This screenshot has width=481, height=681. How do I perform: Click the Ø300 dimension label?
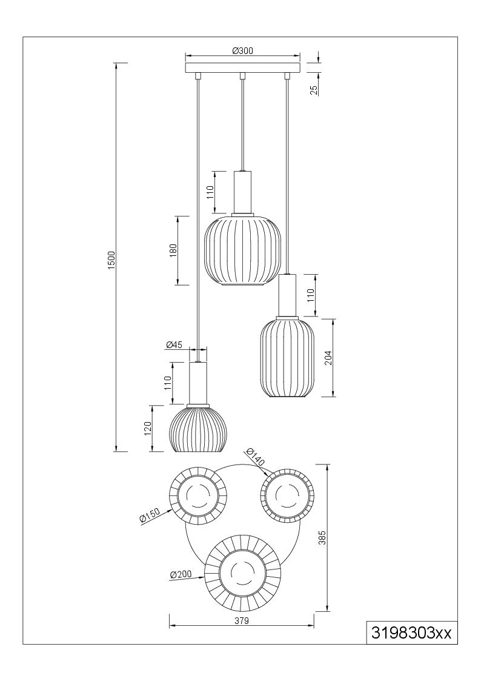coord(242,51)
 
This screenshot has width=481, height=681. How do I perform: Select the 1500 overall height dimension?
coord(111,260)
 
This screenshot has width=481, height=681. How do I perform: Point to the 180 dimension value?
coord(173,250)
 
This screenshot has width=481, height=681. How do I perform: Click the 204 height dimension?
coord(328,357)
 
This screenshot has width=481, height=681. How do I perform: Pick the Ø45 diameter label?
coord(173,345)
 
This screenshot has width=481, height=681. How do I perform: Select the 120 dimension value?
coord(148,428)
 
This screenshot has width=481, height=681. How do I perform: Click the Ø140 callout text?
coord(254,457)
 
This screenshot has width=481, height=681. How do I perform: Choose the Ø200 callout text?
coord(181,575)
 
